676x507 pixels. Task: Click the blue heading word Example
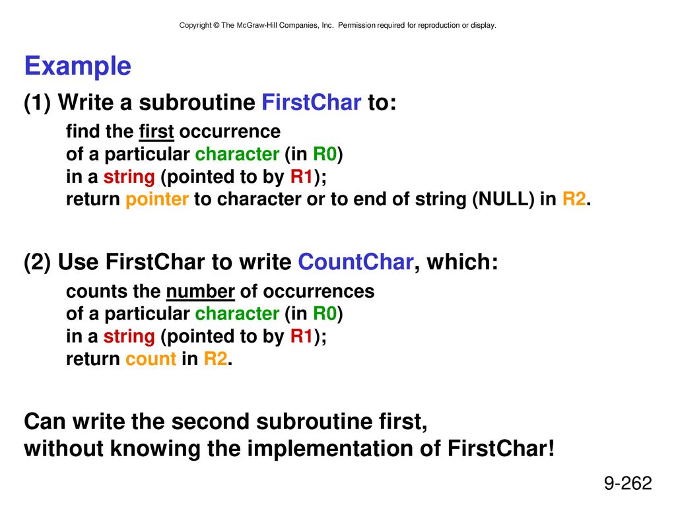tap(78, 67)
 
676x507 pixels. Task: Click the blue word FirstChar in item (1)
tap(312, 102)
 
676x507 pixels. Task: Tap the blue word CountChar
tap(356, 262)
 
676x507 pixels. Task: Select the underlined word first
tap(156, 131)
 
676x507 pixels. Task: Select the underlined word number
tap(201, 291)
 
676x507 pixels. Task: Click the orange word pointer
tap(157, 199)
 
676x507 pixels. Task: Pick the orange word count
tap(151, 359)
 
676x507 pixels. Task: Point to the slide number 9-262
tap(628, 483)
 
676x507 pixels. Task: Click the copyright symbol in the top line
tap(216, 26)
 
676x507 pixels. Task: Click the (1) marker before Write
tap(38, 103)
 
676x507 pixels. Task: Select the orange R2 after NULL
tap(574, 199)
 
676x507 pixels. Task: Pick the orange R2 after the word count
tap(215, 359)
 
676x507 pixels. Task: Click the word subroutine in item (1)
tap(197, 102)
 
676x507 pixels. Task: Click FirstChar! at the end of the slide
tap(501, 448)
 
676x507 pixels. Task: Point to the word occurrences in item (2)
tap(319, 292)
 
